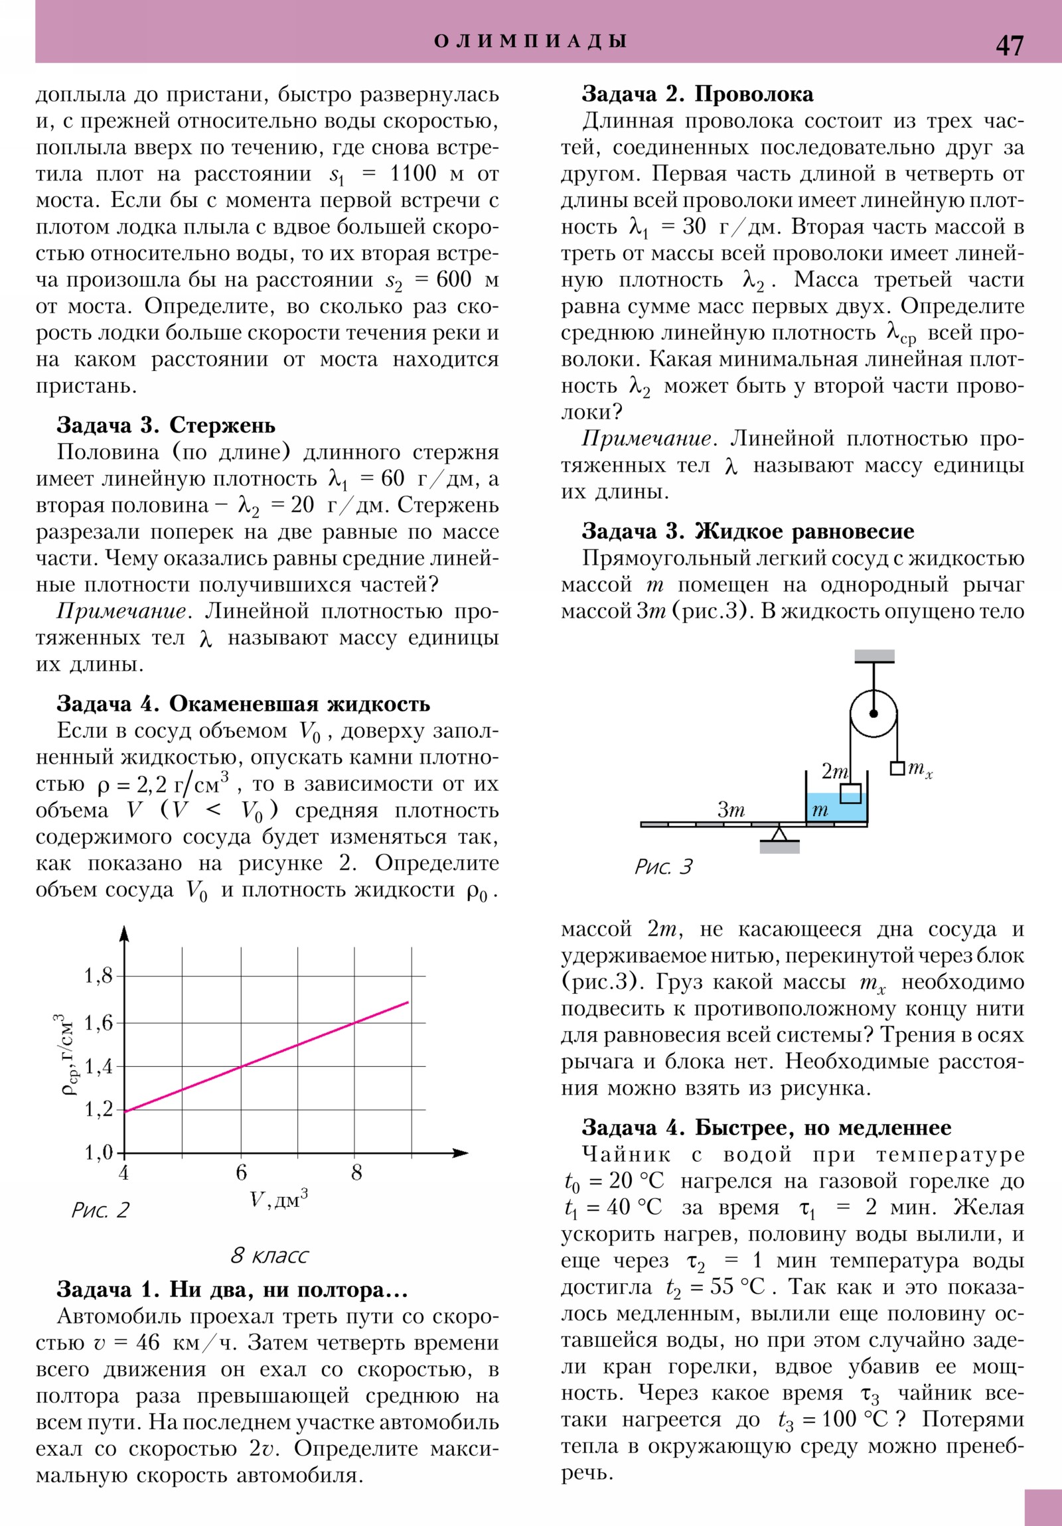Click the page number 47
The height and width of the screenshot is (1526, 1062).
coord(1010,45)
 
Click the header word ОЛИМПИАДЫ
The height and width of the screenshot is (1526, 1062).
coord(530,41)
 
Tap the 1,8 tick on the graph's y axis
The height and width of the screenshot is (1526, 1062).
coord(98,977)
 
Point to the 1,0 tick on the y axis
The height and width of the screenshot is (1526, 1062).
coord(98,1152)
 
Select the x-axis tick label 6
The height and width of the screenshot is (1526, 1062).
coord(241,1172)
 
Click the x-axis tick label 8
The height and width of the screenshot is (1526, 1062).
coord(356,1172)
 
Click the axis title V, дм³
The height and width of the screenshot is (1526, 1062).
coord(279,1200)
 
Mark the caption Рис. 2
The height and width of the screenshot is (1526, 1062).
coord(100,1210)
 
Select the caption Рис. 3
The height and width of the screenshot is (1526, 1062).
coord(663,867)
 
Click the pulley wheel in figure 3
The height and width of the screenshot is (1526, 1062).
coord(873,713)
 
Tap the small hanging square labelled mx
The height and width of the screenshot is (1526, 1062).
coord(897,768)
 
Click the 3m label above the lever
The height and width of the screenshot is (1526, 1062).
coord(731,809)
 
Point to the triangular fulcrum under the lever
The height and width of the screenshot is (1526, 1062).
coord(779,833)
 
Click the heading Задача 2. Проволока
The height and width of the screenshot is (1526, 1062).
coord(697,94)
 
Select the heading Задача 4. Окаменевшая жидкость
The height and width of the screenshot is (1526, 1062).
coord(244,704)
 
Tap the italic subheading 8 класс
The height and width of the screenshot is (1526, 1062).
coord(269,1255)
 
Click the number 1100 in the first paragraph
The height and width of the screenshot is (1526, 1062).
coord(412,174)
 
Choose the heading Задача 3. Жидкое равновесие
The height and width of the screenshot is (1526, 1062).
coord(747,531)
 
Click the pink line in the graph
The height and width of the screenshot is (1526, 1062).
coord(266,1056)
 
